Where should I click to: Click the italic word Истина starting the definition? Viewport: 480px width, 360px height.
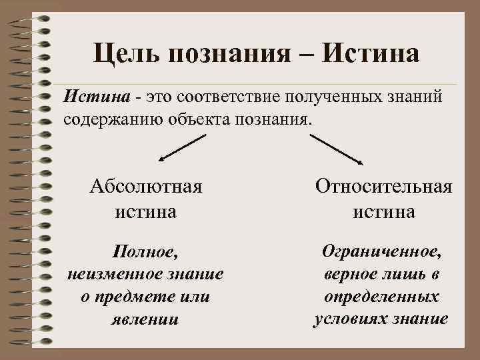point(95,99)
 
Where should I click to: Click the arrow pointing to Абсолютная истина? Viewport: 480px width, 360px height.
point(182,147)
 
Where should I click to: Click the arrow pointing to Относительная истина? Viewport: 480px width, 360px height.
point(337,148)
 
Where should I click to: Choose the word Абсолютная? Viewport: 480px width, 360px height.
point(146,187)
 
